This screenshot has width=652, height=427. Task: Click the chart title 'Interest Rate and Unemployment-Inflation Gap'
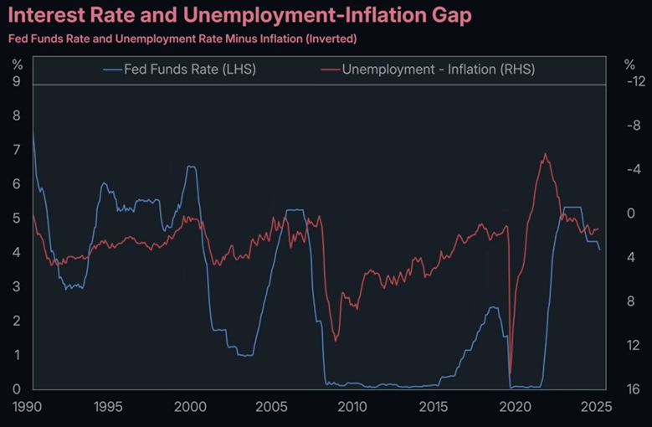[239, 15]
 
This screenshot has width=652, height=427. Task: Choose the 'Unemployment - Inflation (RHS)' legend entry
[438, 69]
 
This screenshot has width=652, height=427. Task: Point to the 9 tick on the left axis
[16, 82]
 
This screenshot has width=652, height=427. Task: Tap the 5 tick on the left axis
[16, 219]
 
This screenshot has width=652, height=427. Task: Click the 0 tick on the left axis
[16, 389]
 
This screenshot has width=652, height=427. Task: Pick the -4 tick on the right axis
[634, 170]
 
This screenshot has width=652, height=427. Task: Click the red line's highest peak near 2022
[546, 154]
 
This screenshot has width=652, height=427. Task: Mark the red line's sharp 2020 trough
[511, 373]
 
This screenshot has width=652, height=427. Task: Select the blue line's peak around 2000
[192, 167]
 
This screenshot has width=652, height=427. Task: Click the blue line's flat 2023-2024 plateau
[573, 207]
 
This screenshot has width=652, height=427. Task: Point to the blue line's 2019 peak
[494, 307]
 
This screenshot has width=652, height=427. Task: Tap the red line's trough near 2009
[336, 340]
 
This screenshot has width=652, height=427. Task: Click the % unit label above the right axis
[629, 64]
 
